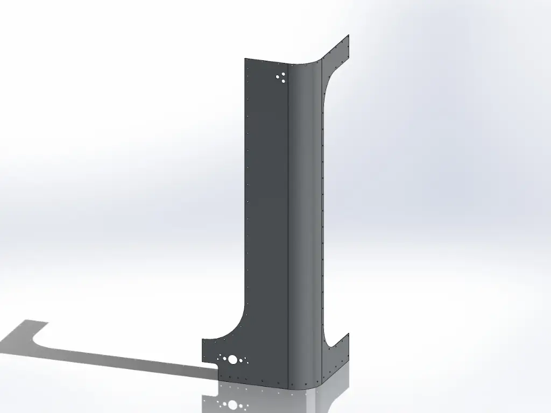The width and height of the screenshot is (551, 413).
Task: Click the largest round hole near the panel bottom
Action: [x=232, y=359]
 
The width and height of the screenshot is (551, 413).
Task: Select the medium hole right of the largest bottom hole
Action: [x=243, y=360]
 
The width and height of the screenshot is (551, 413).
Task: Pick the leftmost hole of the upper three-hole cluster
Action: [x=278, y=77]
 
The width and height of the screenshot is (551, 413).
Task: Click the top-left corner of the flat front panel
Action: [x=245, y=59]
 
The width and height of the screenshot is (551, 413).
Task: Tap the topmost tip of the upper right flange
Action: [x=350, y=35]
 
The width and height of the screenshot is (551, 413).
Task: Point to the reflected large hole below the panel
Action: [x=232, y=404]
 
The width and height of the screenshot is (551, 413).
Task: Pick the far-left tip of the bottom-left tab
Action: [x=202, y=350]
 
